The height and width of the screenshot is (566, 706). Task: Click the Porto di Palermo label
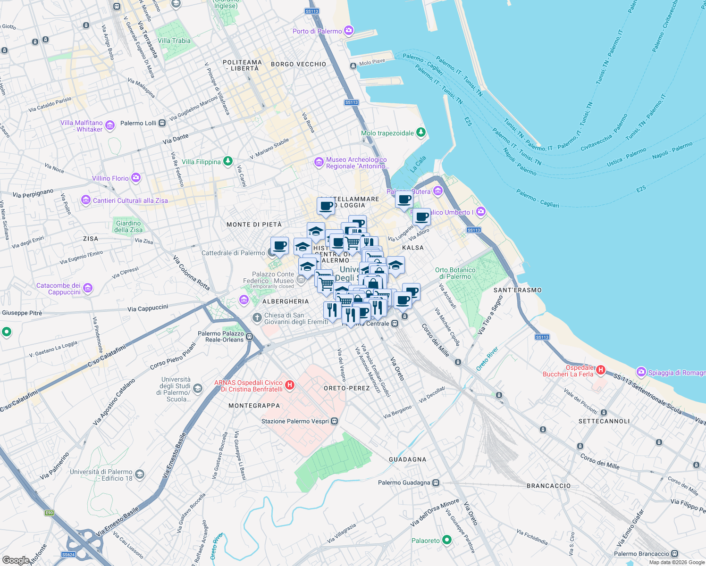[317, 31]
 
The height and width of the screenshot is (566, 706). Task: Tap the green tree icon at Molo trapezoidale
[421, 133]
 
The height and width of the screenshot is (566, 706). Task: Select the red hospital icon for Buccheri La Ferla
[600, 370]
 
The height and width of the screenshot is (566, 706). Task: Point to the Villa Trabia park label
[174, 41]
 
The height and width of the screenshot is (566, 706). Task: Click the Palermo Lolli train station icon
[162, 123]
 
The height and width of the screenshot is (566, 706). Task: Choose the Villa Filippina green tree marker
[228, 162]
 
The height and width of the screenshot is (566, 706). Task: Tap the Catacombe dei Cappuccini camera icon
[87, 288]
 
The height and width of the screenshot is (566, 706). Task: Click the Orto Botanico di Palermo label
[455, 273]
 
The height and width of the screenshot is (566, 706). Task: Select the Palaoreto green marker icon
[446, 541]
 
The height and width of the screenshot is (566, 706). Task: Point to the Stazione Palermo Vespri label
[295, 421]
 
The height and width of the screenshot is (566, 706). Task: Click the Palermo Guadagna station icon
[436, 483]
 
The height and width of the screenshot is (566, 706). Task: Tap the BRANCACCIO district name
[548, 485]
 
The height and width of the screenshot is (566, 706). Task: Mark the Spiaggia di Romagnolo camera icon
[641, 372]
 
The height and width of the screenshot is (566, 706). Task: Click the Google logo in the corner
[16, 560]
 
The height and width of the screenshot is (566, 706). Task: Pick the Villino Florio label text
[110, 178]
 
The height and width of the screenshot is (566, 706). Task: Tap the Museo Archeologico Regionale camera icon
[319, 162]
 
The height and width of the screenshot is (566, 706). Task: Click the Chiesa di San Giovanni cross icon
[257, 318]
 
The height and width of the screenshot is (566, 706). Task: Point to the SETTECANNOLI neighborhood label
[604, 421]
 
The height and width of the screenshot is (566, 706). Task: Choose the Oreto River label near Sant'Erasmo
[487, 359]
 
